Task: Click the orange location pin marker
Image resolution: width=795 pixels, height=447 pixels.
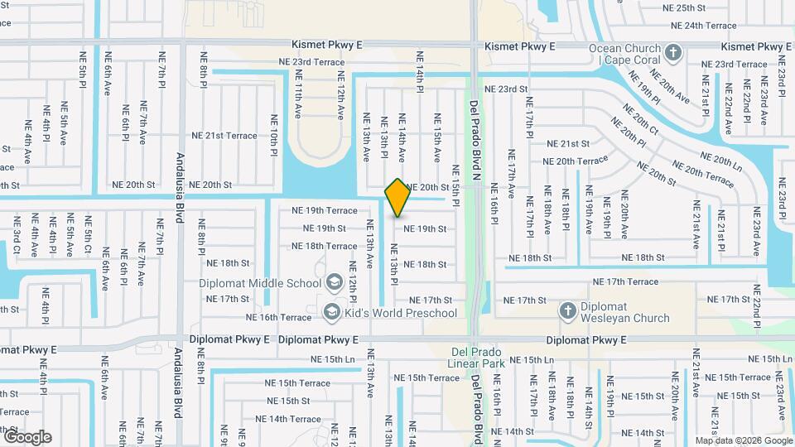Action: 397,197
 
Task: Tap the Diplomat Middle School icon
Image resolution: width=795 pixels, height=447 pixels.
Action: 334,281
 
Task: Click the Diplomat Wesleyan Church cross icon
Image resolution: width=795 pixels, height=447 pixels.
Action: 567,311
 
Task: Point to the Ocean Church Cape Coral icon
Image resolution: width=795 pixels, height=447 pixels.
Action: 672,53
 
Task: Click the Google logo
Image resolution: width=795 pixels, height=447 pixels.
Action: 26,436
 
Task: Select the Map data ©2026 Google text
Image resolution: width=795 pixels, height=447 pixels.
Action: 744,440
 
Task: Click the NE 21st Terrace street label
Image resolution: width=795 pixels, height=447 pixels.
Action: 224,136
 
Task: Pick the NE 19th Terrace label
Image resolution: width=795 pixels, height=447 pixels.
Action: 325,211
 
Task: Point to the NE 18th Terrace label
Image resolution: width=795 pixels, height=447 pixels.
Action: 325,246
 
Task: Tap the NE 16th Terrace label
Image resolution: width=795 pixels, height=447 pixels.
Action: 278,317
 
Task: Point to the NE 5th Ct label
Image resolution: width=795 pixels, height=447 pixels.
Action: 87,235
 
